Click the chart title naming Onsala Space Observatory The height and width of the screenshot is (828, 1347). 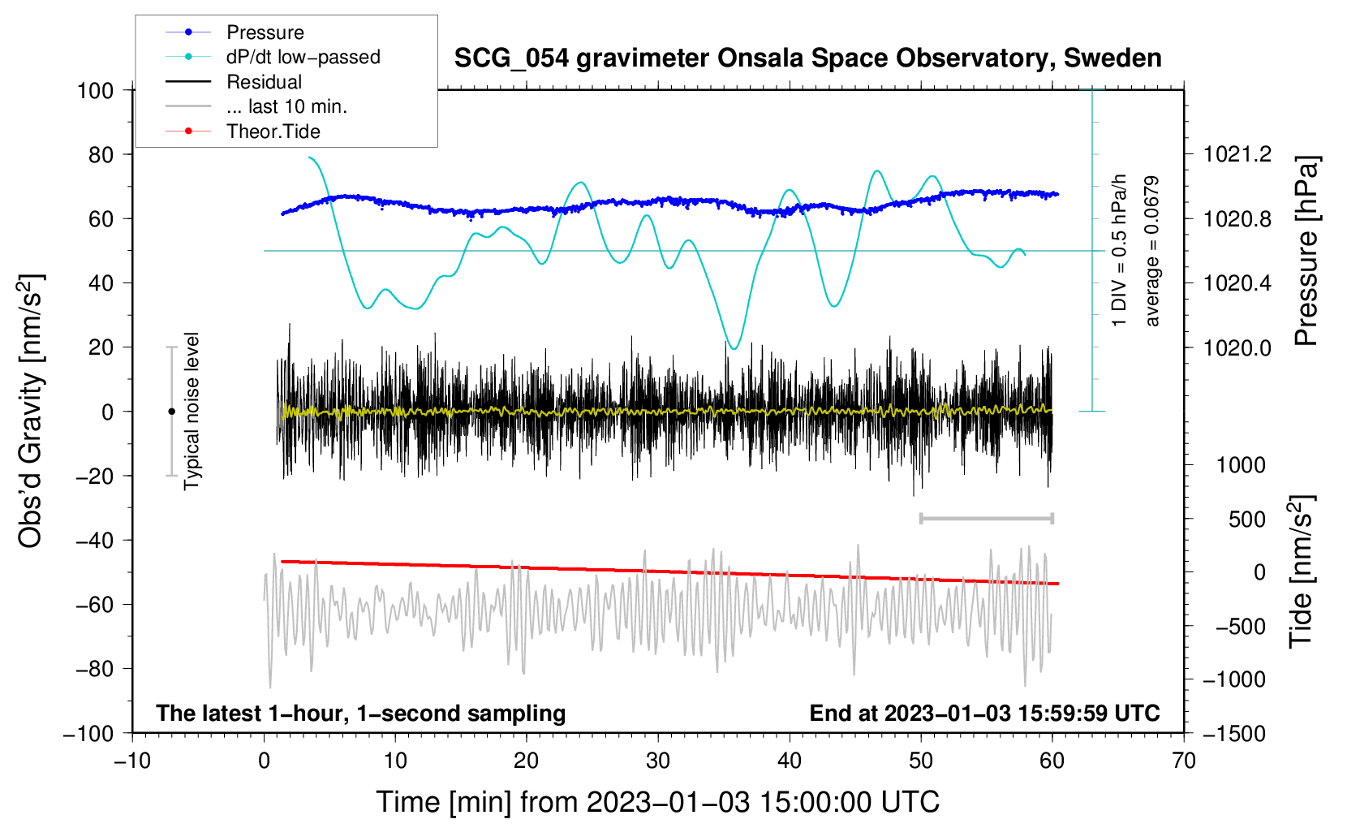pos(807,58)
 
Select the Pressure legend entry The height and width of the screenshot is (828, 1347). pos(235,32)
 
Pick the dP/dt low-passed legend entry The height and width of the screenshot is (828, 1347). pos(273,57)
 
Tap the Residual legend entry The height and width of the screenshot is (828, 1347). pos(234,81)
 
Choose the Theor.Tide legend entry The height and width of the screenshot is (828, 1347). pos(243,132)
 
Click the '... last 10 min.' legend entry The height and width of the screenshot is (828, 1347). pos(256,106)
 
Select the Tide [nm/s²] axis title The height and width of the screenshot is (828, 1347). pos(1302,571)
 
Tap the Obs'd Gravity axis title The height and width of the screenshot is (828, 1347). pos(31,412)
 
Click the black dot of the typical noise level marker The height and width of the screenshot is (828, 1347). pos(171,412)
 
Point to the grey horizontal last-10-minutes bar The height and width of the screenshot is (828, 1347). pos(986,518)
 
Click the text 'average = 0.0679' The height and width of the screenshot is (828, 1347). pos(1151,251)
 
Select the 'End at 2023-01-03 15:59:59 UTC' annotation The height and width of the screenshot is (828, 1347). pos(984,713)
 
